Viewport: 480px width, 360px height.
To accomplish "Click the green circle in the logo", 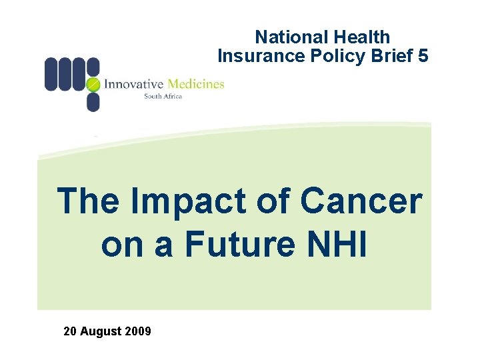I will click(93, 84).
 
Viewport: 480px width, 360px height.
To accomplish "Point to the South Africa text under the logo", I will click(163, 96).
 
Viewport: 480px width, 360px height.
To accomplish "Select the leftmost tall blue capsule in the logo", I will click(51, 74).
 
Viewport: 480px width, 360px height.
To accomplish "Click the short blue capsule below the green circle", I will click(93, 102).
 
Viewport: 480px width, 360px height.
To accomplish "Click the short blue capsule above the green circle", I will click(93, 66).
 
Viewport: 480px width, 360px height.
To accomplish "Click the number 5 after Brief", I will click(423, 56).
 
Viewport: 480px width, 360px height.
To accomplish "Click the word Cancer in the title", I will click(361, 201).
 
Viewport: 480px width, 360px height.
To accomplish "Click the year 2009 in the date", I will click(138, 331).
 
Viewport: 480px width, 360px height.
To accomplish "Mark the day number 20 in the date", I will click(70, 331).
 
